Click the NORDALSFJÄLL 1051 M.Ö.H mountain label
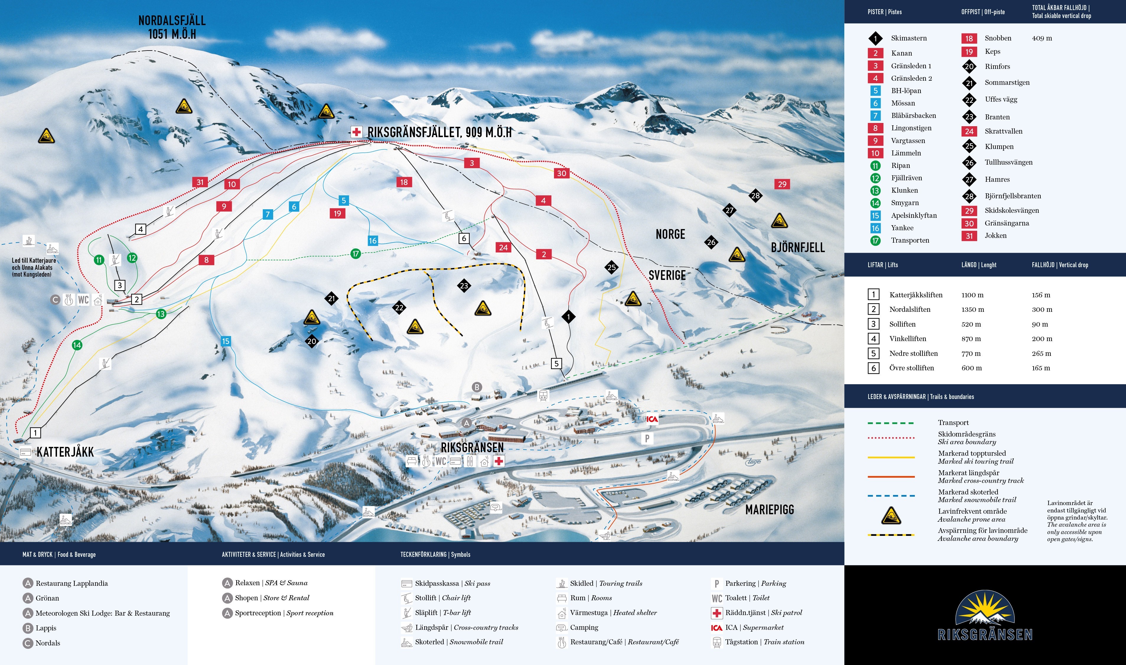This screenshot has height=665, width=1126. [x=172, y=27]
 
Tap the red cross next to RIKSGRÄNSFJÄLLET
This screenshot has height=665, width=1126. [x=356, y=132]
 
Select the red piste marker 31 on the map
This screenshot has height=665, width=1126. [x=200, y=182]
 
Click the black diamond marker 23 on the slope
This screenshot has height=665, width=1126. [x=464, y=286]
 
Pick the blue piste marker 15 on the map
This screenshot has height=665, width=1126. [x=226, y=341]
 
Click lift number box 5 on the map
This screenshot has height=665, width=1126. [x=557, y=364]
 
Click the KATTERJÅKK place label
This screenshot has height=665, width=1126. [x=65, y=452]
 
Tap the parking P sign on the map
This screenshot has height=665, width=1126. [x=647, y=438]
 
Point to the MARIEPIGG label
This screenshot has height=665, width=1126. [x=769, y=510]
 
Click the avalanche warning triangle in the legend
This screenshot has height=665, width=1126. [x=891, y=515]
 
